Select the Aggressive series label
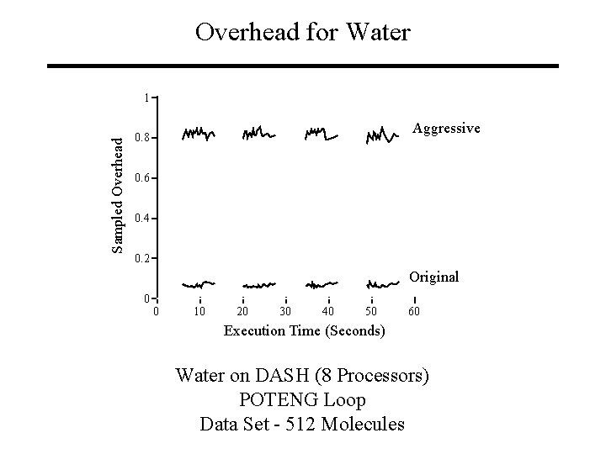pyautogui.click(x=446, y=128)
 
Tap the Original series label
pyautogui.click(x=433, y=276)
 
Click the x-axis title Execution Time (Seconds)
pyautogui.click(x=304, y=330)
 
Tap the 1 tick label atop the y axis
pyautogui.click(x=146, y=98)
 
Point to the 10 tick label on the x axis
pyautogui.click(x=199, y=312)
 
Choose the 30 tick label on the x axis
pyautogui.click(x=285, y=312)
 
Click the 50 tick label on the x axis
pyautogui.click(x=371, y=312)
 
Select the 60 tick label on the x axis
pyautogui.click(x=414, y=312)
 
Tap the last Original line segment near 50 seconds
pyautogui.click(x=381, y=284)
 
